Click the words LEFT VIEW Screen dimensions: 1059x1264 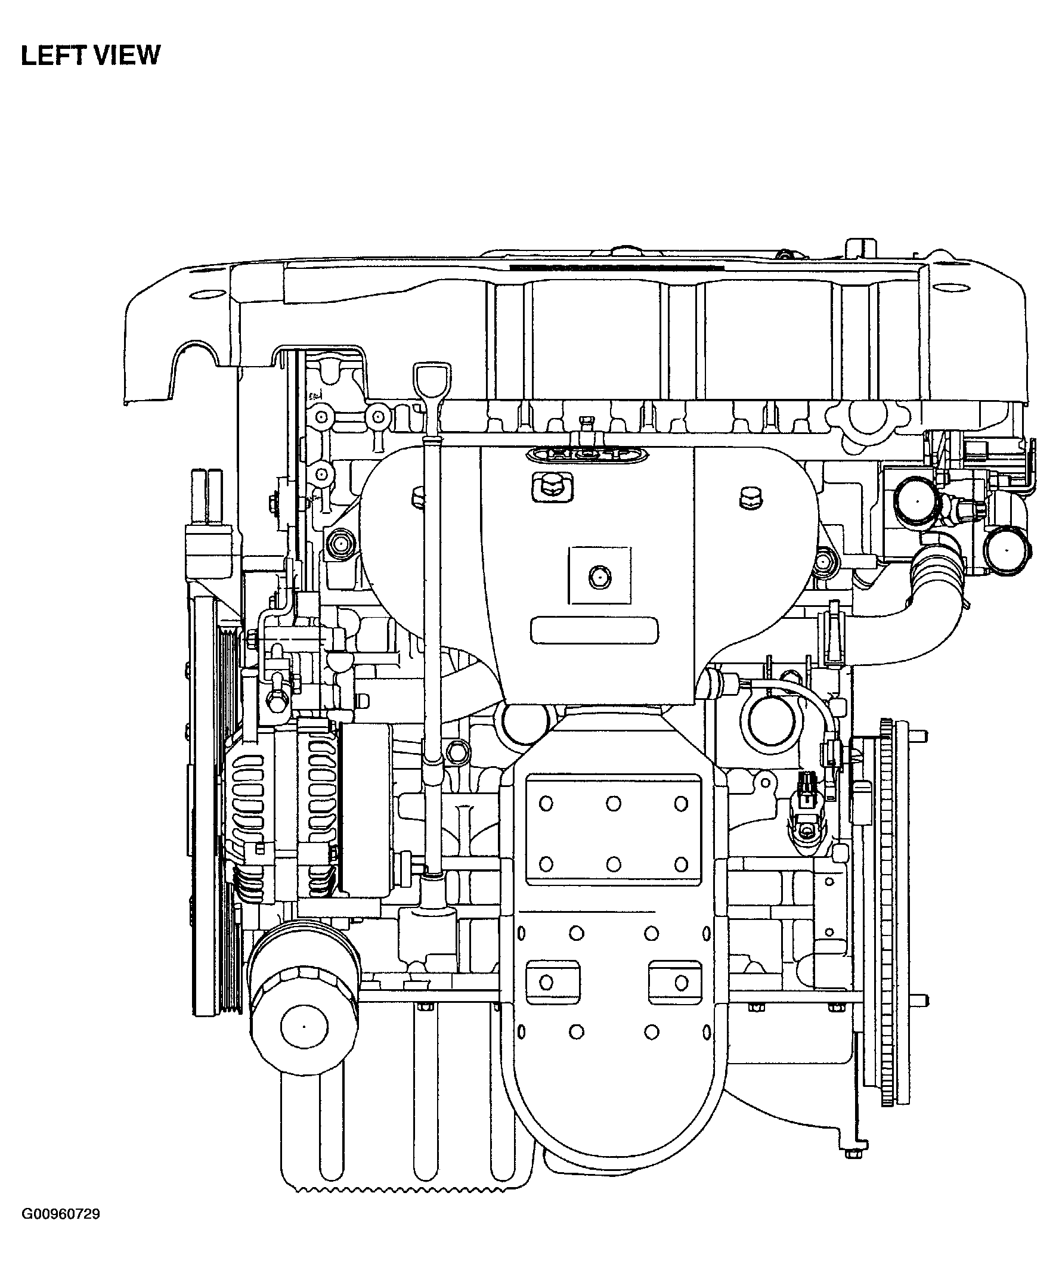91,55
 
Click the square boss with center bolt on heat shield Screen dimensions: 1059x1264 600,575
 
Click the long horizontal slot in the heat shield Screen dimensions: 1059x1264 594,630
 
